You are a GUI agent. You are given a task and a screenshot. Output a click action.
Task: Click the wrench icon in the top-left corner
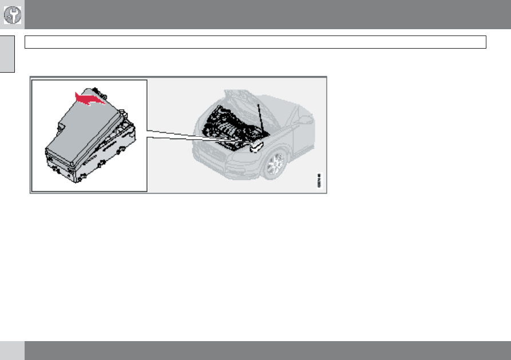pyautogui.click(x=12, y=14)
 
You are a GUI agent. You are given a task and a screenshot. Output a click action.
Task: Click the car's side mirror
pyautogui.click(x=304, y=120)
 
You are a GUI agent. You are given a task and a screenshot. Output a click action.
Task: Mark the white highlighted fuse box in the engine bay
pyautogui.click(x=257, y=147)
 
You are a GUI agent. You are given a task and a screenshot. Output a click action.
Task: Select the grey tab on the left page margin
pyautogui.click(x=6, y=55)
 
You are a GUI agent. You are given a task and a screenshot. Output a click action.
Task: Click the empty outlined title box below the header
pyautogui.click(x=255, y=42)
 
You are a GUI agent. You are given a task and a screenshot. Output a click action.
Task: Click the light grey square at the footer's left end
pyautogui.click(x=12, y=351)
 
